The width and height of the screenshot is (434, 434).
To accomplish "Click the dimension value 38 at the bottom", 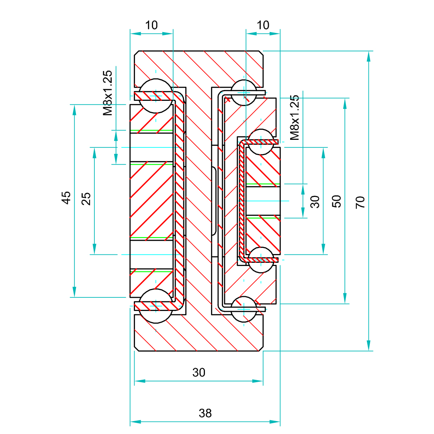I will (205, 413).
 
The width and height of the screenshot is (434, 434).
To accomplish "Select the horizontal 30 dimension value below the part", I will (199, 373).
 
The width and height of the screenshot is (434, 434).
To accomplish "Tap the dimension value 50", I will (337, 201).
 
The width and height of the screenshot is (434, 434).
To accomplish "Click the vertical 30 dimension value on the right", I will (315, 201).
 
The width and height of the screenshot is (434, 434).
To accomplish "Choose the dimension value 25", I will (86, 199).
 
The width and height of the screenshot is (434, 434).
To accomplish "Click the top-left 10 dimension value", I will (151, 25).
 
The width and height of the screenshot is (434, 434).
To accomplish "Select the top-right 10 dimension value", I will (263, 25).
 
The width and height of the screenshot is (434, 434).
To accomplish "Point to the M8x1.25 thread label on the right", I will (295, 117).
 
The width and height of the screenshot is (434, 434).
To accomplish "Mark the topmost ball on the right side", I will (244, 92).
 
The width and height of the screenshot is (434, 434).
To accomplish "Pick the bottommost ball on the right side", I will (244, 309).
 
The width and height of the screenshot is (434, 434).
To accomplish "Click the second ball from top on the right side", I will (261, 141).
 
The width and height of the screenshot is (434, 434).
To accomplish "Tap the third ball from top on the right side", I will (261, 260).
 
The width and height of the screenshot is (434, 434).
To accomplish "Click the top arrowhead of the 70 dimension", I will (368, 56).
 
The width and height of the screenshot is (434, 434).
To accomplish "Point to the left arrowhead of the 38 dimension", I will (135, 422).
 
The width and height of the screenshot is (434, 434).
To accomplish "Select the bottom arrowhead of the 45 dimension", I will (74, 292).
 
